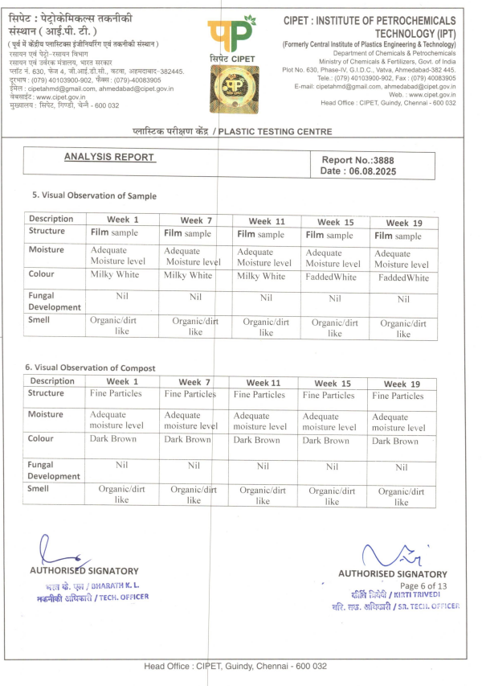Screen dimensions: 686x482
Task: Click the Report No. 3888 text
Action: (357, 160)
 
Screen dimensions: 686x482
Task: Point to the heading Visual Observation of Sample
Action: (94, 195)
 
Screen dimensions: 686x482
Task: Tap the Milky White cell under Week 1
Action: (113, 276)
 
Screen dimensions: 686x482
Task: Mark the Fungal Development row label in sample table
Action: (55, 301)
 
